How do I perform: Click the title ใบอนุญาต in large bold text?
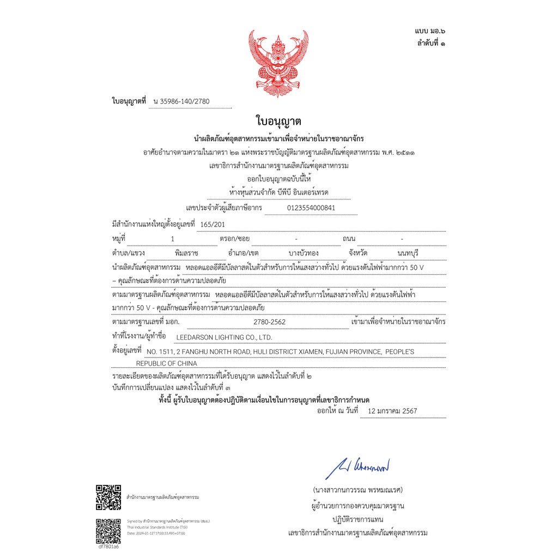click(278, 121)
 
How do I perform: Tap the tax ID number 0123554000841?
click(311, 208)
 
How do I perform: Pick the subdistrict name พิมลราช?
click(187, 254)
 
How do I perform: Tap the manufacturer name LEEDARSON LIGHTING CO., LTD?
click(224, 337)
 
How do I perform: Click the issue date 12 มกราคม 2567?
click(392, 411)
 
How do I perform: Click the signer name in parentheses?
click(357, 489)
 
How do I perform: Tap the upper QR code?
click(108, 497)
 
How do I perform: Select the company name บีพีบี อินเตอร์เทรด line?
click(279, 193)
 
